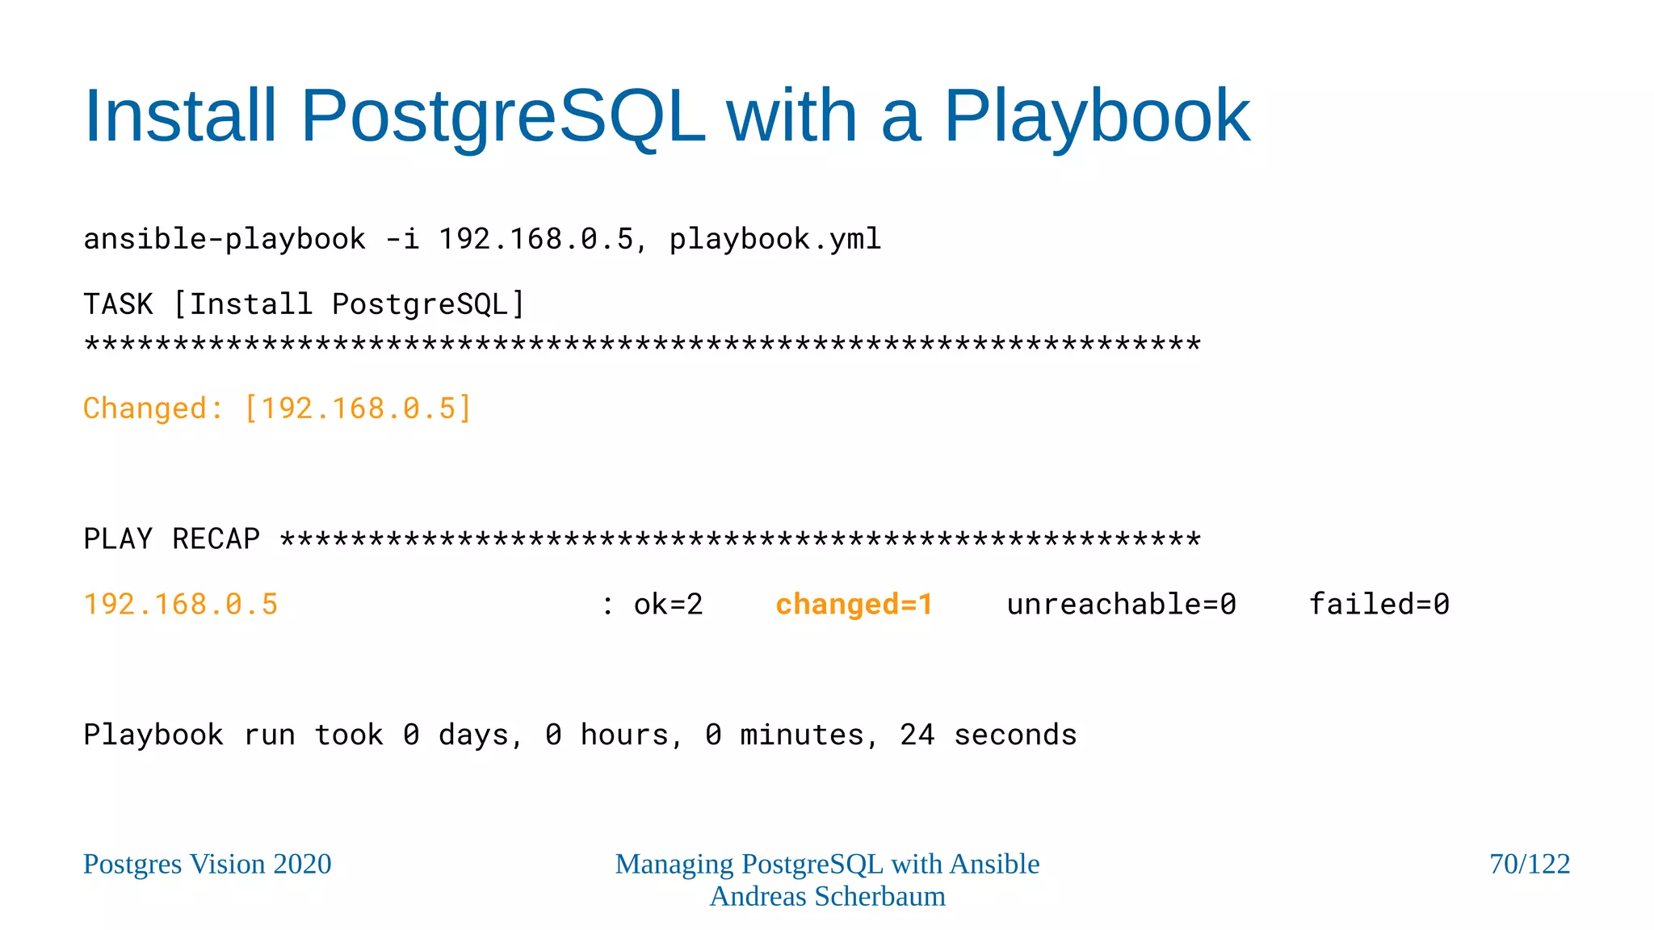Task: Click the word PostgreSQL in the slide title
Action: [502, 116]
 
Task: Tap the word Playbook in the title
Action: [1097, 116]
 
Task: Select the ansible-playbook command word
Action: [225, 239]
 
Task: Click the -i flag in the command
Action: [402, 239]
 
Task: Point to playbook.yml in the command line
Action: [775, 239]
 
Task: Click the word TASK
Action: [118, 304]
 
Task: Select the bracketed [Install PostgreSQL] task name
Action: [349, 304]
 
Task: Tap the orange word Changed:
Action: [153, 408]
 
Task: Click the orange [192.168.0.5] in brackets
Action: [358, 408]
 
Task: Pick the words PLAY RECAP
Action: [171, 539]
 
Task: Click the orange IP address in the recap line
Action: [181, 605]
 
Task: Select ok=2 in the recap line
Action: [668, 605]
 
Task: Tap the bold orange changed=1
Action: [854, 605]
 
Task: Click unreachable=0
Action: [1121, 605]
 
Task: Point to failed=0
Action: [1379, 605]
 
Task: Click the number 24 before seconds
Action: [917, 735]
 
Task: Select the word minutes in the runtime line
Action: [801, 735]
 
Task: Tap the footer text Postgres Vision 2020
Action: [208, 864]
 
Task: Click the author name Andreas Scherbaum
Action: [827, 896]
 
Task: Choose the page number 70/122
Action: [1529, 864]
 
